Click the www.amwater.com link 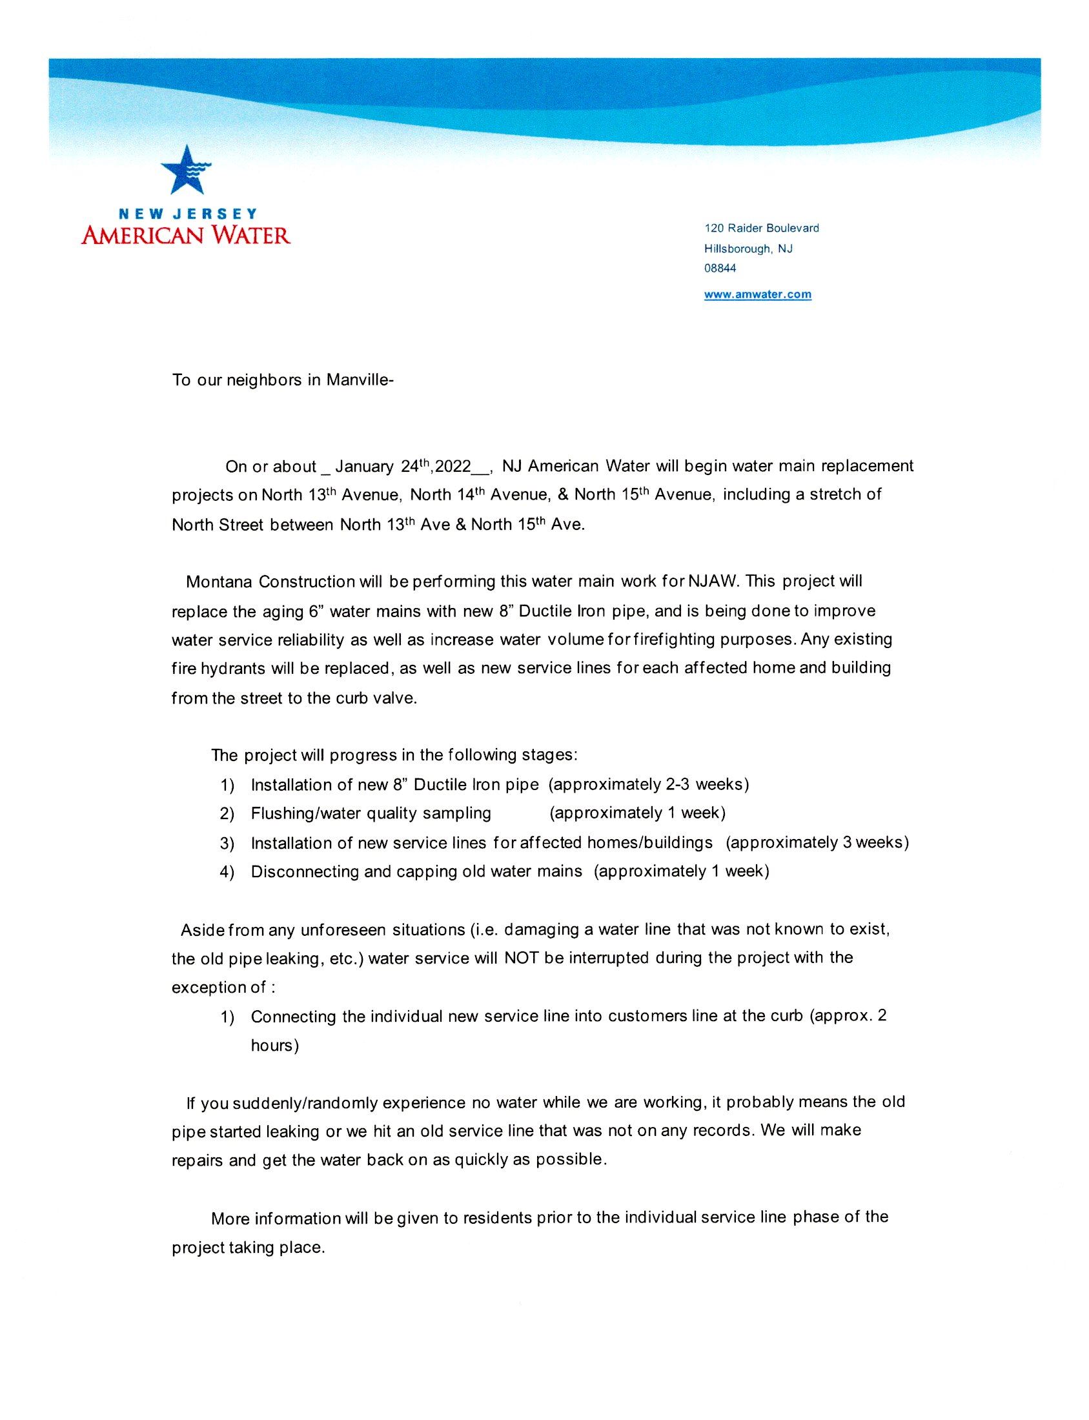coord(758,294)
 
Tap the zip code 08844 coord(720,269)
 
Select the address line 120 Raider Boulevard coord(762,228)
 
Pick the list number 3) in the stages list coord(227,843)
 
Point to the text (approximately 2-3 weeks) coord(648,785)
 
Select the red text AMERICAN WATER coord(186,233)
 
